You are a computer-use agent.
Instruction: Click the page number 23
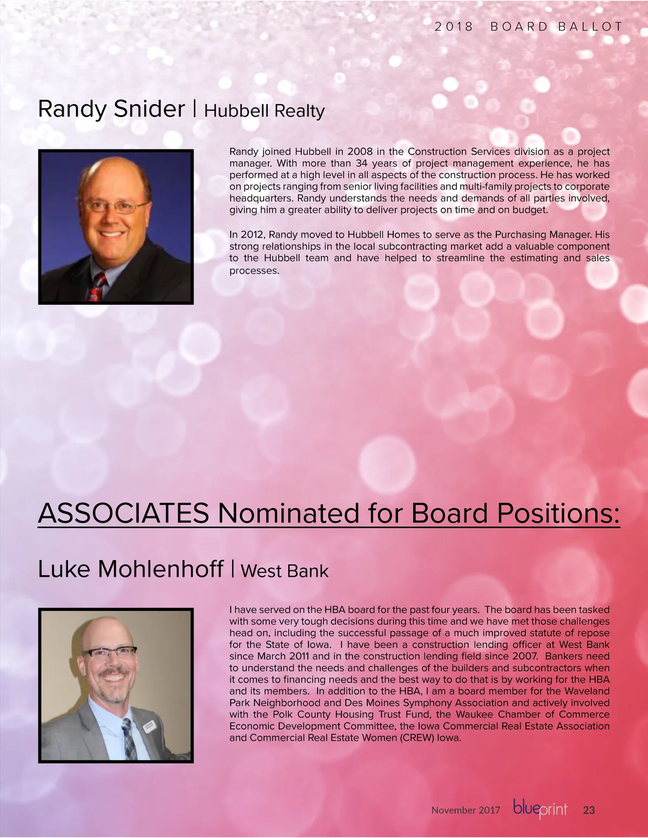pos(589,810)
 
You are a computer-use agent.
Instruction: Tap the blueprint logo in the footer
pos(540,809)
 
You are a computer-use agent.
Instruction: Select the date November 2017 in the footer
pos(465,810)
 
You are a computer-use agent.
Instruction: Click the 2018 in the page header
pos(454,26)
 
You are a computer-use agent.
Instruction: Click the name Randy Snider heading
pos(111,109)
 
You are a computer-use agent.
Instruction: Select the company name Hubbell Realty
pos(264,111)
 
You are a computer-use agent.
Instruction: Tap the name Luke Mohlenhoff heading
pos(130,569)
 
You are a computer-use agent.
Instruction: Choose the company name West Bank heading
pos(284,571)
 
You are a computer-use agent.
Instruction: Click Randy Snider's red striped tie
pos(97,287)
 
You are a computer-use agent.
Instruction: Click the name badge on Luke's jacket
pos(150,728)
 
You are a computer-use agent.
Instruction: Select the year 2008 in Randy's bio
pos(360,152)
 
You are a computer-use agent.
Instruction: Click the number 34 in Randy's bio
pos(361,163)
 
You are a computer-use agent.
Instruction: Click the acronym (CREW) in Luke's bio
pos(416,738)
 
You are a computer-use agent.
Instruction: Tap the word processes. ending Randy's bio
pos(254,270)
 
